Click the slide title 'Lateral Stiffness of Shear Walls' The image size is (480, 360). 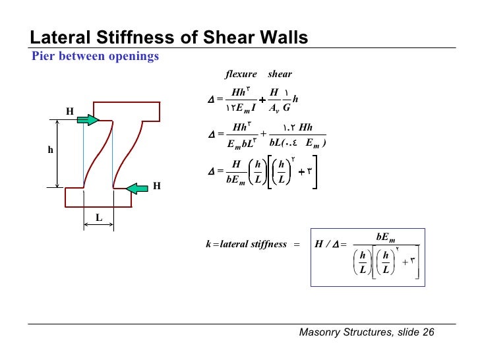pyautogui.click(x=169, y=38)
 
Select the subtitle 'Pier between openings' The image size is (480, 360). pyautogui.click(x=96, y=57)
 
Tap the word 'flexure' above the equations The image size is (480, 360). pyautogui.click(x=241, y=75)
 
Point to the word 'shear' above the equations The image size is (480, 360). pyautogui.click(x=280, y=75)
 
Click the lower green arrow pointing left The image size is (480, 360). pyautogui.click(x=137, y=189)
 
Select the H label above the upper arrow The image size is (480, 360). pyautogui.click(x=69, y=111)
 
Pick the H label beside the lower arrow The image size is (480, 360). pyautogui.click(x=156, y=186)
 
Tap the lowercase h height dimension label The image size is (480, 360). pyautogui.click(x=49, y=150)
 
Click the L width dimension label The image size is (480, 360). pyautogui.click(x=98, y=216)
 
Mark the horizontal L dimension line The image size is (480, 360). pyautogui.click(x=98, y=224)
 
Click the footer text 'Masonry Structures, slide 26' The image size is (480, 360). pyautogui.click(x=367, y=332)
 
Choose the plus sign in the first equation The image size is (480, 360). pyautogui.click(x=262, y=100)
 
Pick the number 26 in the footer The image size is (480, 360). pyautogui.click(x=428, y=332)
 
